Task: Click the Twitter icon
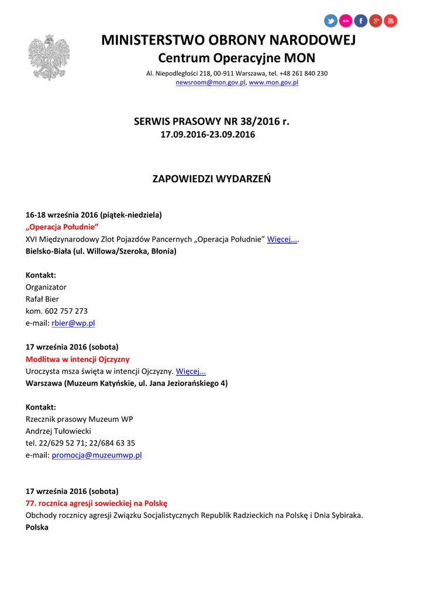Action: (331, 21)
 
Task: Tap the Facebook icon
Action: (361, 21)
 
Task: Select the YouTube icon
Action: (391, 21)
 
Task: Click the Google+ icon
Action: (375, 21)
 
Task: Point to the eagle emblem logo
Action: (49, 57)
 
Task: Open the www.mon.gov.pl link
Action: (274, 83)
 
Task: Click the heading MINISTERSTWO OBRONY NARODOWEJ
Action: (228, 40)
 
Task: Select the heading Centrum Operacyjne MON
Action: (236, 58)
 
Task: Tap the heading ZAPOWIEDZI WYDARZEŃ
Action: (211, 179)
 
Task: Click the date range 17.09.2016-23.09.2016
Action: (208, 135)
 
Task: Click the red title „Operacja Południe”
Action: (62, 227)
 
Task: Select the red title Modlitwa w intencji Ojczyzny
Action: (77, 359)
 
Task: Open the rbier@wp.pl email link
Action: (73, 323)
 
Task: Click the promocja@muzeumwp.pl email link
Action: (96, 455)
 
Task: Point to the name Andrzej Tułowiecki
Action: (58, 431)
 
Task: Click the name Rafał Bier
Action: (42, 299)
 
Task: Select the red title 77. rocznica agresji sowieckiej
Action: (96, 503)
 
